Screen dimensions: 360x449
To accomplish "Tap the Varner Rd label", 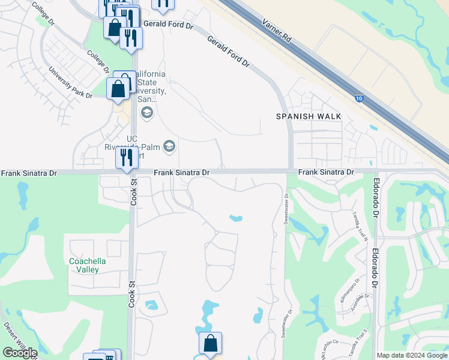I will click(277, 29).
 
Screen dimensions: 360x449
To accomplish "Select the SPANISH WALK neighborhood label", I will click(309, 116).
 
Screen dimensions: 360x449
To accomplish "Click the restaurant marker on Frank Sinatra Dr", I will click(126, 158).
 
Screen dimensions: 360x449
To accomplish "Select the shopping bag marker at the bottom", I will click(210, 344).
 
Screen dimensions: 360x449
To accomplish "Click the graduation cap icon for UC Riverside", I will click(169, 146).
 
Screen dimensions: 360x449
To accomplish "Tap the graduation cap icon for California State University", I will click(146, 112).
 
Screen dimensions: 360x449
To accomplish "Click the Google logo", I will click(20, 353).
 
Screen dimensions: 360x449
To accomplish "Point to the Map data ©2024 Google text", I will click(412, 355).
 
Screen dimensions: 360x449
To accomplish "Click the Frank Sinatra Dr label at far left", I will click(29, 173).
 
